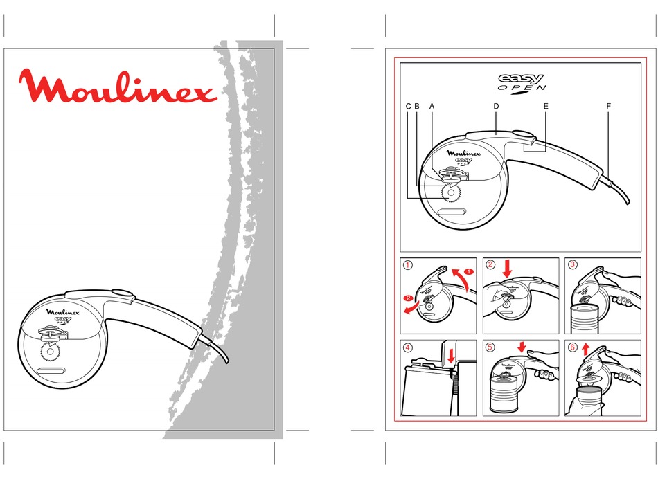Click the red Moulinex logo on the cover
[x=118, y=86]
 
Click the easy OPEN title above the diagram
[x=522, y=82]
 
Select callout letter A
[x=432, y=106]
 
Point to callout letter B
[x=417, y=106]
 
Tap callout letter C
[x=409, y=106]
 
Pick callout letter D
[x=496, y=106]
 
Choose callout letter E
[x=546, y=106]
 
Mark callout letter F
[x=608, y=106]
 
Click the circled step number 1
[x=408, y=264]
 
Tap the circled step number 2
[x=490, y=264]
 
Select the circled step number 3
[x=572, y=264]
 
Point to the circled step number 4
[x=408, y=347]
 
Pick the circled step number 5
[x=490, y=347]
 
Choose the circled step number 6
[x=572, y=347]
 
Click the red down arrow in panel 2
[x=507, y=269]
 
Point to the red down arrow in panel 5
[x=522, y=346]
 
